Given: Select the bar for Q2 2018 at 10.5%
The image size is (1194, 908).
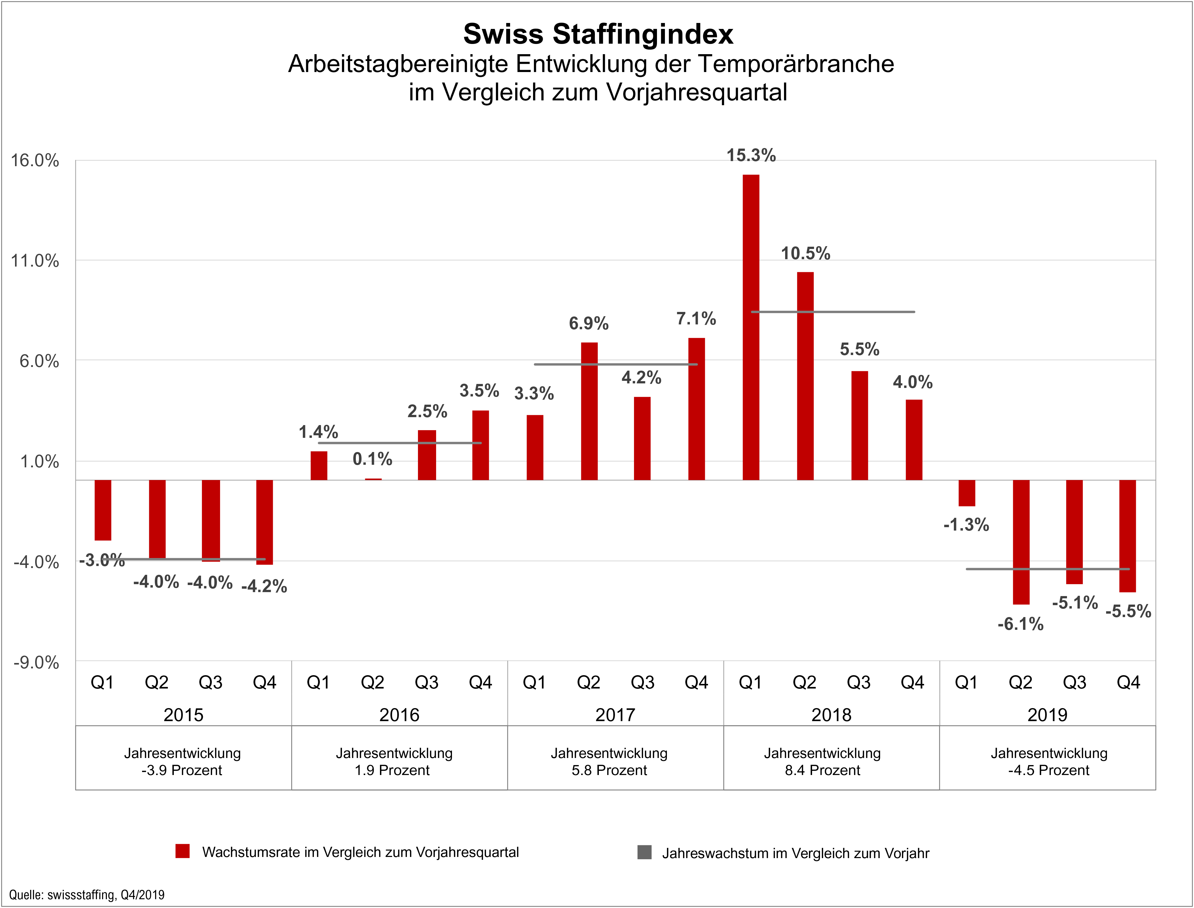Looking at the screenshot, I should coord(805,376).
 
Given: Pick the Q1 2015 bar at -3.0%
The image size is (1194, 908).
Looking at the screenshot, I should coord(103,510).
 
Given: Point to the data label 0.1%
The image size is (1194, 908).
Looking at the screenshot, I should coord(372,459).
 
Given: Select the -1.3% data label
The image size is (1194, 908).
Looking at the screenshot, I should coord(966,524).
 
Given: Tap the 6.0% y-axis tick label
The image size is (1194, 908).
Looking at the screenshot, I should coord(39,361).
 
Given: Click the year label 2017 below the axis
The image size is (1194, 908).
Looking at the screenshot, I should coord(615,715).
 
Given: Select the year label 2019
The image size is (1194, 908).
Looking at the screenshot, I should coord(1047,715).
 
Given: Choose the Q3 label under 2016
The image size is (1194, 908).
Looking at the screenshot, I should coord(426,683).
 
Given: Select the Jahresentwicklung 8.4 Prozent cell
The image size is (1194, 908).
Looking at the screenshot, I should coord(822,761).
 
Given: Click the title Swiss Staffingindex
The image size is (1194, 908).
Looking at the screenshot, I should coord(598,34).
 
